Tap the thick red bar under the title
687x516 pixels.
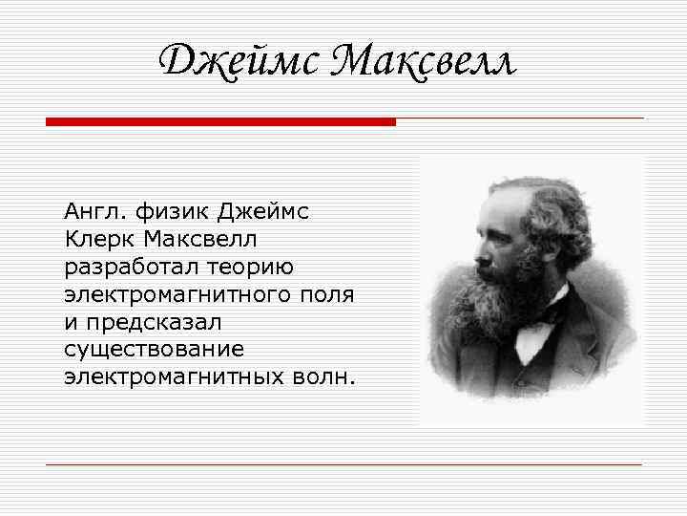(220, 122)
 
